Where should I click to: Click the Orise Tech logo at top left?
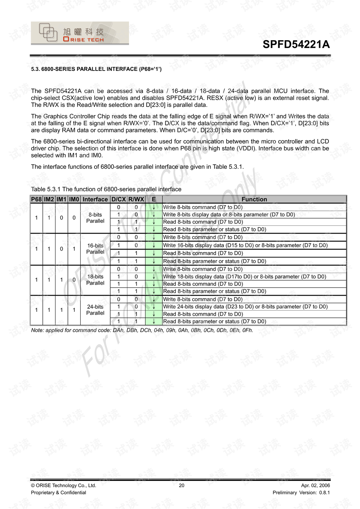pyautogui.click(x=79, y=33)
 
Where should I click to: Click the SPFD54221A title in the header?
pyautogui.click(x=296, y=44)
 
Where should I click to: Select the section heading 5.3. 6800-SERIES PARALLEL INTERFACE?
pyautogui.click(x=96, y=69)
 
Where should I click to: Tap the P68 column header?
pyautogui.click(x=36, y=199)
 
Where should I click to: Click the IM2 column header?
pyautogui.click(x=49, y=199)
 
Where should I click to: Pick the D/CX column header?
pyautogui.click(x=118, y=199)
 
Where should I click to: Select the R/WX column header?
pyautogui.click(x=136, y=199)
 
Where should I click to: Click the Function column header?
pyautogui.click(x=254, y=199)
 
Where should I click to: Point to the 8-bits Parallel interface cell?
pyautogui.click(x=95, y=218)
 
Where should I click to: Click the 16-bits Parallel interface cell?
pyautogui.click(x=95, y=249)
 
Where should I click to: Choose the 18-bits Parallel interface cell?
pyautogui.click(x=95, y=280)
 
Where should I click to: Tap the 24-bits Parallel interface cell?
pyautogui.click(x=95, y=310)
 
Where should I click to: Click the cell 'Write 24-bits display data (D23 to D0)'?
pyautogui.click(x=245, y=306)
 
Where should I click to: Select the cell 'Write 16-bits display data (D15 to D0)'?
pyautogui.click(x=245, y=245)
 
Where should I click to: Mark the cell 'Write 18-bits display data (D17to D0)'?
pyautogui.click(x=244, y=276)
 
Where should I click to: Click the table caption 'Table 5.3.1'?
pyautogui.click(x=106, y=189)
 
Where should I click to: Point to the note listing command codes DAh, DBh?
pyautogui.click(x=142, y=330)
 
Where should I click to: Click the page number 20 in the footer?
pyautogui.click(x=181, y=485)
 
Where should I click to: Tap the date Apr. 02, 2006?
pyautogui.click(x=315, y=485)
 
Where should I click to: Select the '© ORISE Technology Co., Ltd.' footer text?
pyautogui.click(x=63, y=485)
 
